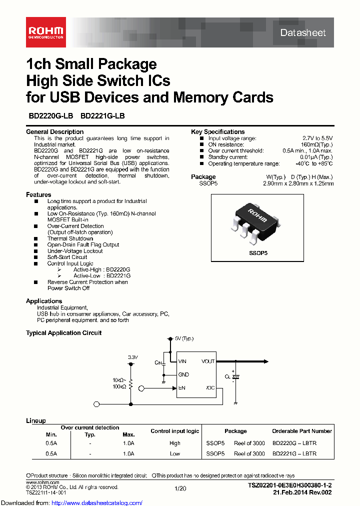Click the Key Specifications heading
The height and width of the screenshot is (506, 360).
[x=217, y=132]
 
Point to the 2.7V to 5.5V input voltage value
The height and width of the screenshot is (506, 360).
[x=317, y=138]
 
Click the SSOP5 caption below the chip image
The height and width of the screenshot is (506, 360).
[x=258, y=253]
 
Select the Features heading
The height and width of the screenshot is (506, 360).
[x=38, y=194]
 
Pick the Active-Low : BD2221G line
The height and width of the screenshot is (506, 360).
[x=101, y=275]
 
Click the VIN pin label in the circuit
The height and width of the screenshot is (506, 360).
[x=183, y=361]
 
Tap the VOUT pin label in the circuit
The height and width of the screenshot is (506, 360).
[x=207, y=361]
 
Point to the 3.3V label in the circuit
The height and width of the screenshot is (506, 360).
[x=132, y=357]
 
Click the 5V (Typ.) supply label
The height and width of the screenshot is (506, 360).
[x=183, y=338]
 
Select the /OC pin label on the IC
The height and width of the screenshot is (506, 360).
[x=209, y=387]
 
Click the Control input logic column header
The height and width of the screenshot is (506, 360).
[x=174, y=431]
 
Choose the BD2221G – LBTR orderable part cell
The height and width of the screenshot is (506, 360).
[x=294, y=453]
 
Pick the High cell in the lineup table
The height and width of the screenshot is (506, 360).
[x=174, y=443]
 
